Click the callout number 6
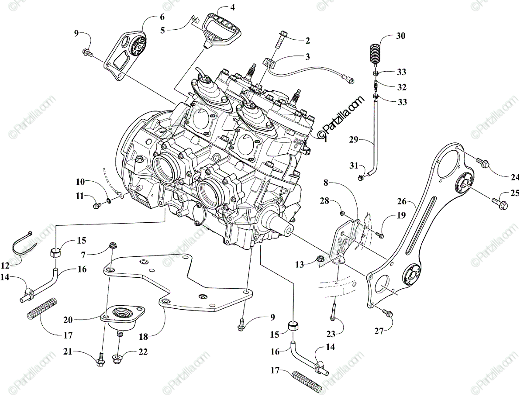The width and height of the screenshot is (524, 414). [150, 17]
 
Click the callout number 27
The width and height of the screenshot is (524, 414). [379, 331]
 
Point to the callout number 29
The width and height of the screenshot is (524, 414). [353, 140]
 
